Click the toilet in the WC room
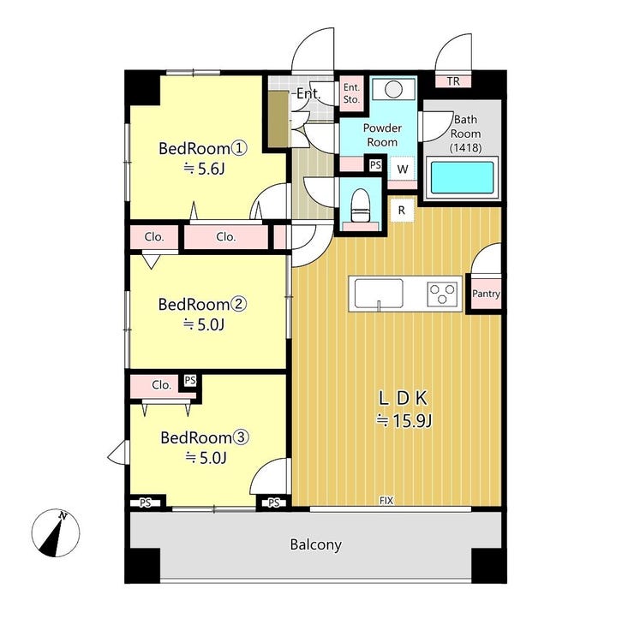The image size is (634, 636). pyautogui.click(x=361, y=205)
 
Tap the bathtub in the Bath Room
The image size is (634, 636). pyautogui.click(x=462, y=178)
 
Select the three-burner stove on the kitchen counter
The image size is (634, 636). pyautogui.click(x=442, y=294)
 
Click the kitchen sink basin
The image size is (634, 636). pyautogui.click(x=379, y=294)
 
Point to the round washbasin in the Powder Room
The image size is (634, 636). pyautogui.click(x=393, y=89)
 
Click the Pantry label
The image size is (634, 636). pyautogui.click(x=486, y=294)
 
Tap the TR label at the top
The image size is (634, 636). pyautogui.click(x=453, y=81)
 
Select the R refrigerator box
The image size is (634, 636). pyautogui.click(x=402, y=210)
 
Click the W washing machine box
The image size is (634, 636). pyautogui.click(x=402, y=169)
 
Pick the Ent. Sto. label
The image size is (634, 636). pyautogui.click(x=351, y=93)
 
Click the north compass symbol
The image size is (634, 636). pyautogui.click(x=56, y=532)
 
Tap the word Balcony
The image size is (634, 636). pyautogui.click(x=316, y=544)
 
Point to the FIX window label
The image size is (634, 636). pyautogui.click(x=386, y=501)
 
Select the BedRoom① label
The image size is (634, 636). pyautogui.click(x=202, y=148)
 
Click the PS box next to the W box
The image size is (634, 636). pyautogui.click(x=375, y=164)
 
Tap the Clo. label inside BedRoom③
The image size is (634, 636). pyautogui.click(x=162, y=384)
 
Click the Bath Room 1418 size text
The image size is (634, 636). pyautogui.click(x=465, y=147)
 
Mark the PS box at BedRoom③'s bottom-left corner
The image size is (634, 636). pyautogui.click(x=145, y=503)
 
